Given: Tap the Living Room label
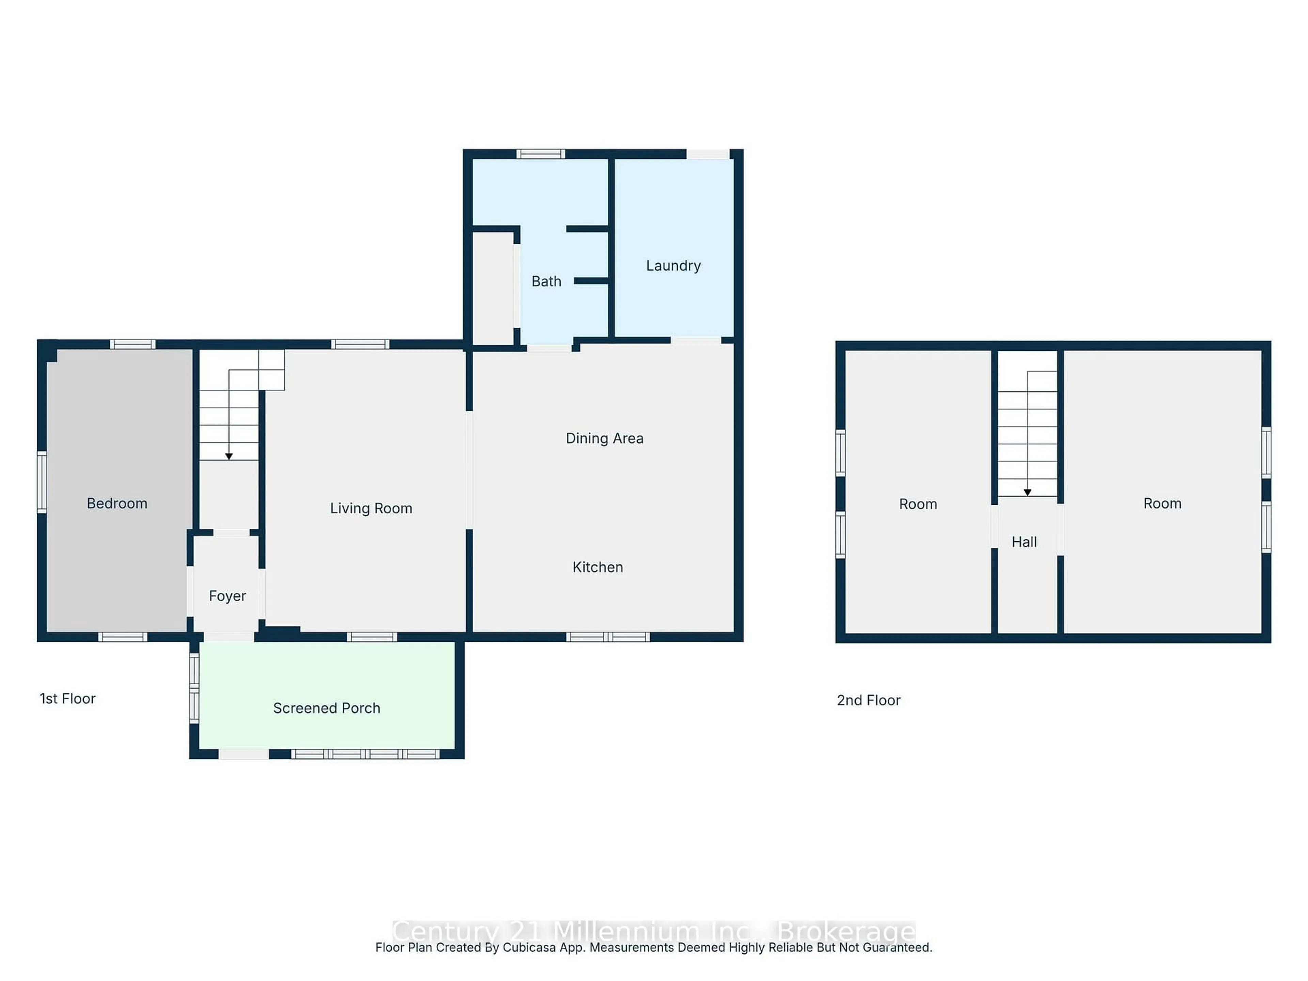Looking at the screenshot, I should click(371, 508).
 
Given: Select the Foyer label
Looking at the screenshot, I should click(227, 595).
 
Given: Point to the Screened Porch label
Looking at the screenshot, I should click(326, 708).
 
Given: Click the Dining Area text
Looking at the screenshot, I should click(604, 438).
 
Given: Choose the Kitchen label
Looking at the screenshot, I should click(597, 567).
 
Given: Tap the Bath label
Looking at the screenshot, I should click(546, 281).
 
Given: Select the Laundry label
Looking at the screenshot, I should click(673, 265).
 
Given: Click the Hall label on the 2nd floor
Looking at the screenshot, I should click(1024, 542).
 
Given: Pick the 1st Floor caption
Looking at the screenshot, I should click(67, 698).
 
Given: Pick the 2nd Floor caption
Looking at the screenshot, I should click(868, 700).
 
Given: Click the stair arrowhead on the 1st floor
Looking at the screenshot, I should click(229, 456).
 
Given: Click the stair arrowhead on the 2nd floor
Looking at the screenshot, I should click(1027, 493).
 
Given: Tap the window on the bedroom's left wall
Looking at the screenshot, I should click(42, 482).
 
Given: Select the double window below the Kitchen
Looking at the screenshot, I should click(608, 637).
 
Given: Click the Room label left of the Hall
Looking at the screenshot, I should click(918, 504).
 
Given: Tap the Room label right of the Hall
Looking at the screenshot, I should click(1162, 503).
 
